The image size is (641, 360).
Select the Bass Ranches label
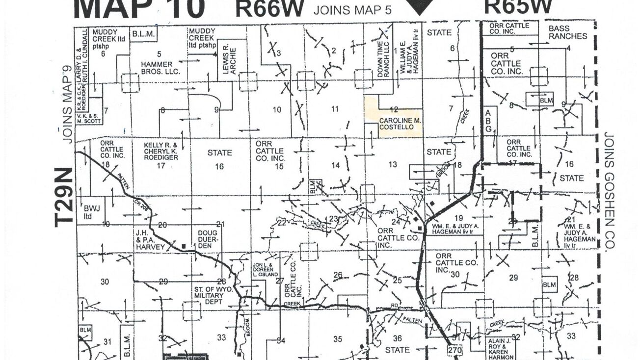[567, 32]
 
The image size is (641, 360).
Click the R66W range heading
[270, 8]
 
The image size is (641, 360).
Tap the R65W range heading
[518, 7]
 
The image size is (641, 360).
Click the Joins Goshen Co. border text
[610, 191]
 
